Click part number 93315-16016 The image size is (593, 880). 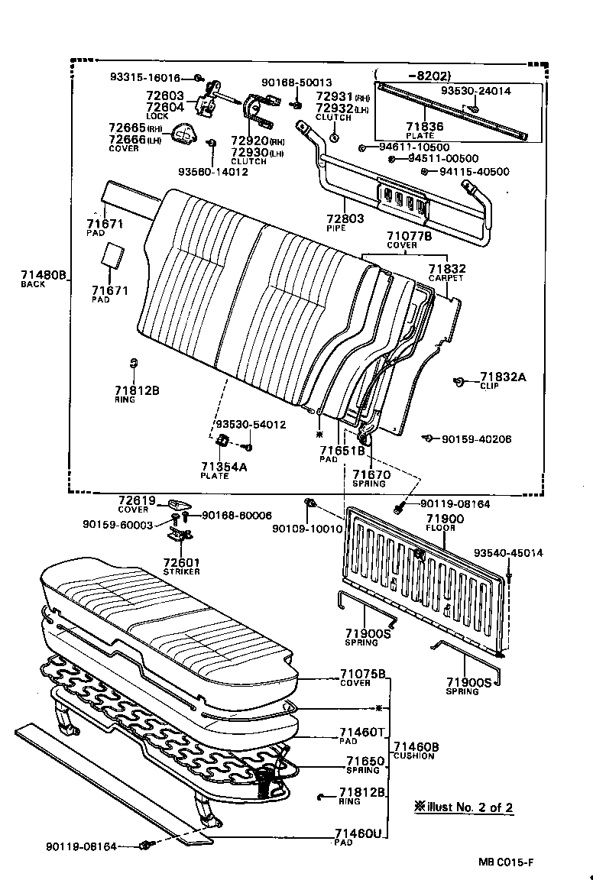[145, 78]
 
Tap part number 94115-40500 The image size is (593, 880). [475, 172]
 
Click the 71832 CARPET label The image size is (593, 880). [446, 273]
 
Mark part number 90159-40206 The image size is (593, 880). [476, 439]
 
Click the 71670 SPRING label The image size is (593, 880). [371, 478]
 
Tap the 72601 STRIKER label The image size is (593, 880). [181, 566]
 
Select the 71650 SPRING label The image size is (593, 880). [362, 765]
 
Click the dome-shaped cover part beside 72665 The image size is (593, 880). [184, 134]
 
